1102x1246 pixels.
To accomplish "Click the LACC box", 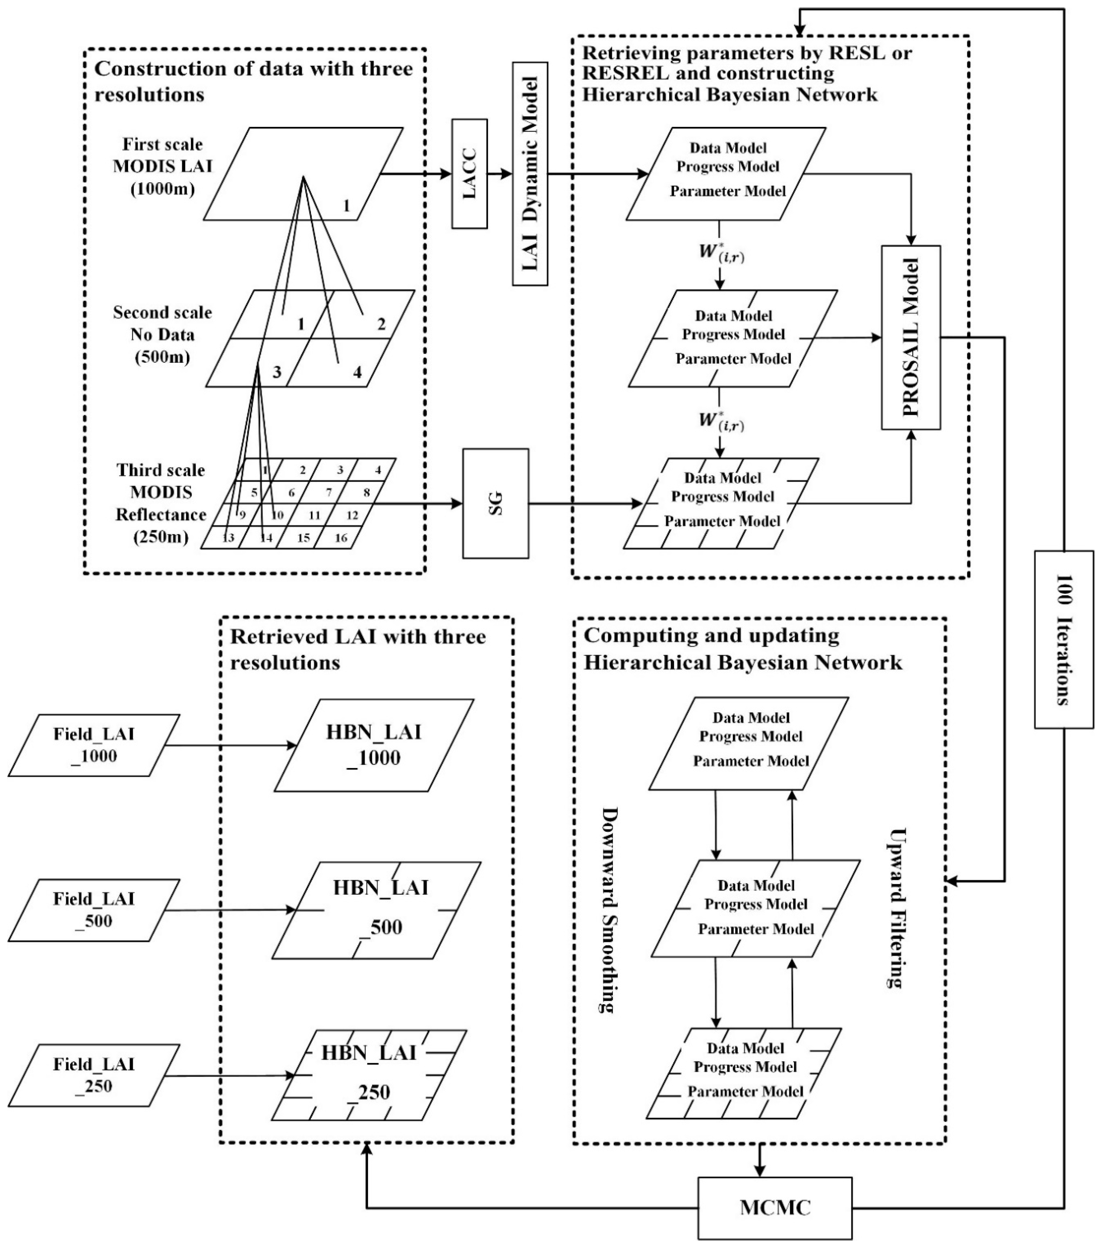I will (x=469, y=174).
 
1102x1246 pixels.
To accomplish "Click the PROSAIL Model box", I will (x=911, y=337).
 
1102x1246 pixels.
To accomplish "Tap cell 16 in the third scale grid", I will (x=340, y=538).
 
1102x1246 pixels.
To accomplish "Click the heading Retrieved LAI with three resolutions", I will (x=358, y=649).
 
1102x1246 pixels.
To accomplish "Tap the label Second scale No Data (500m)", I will (x=162, y=335).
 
